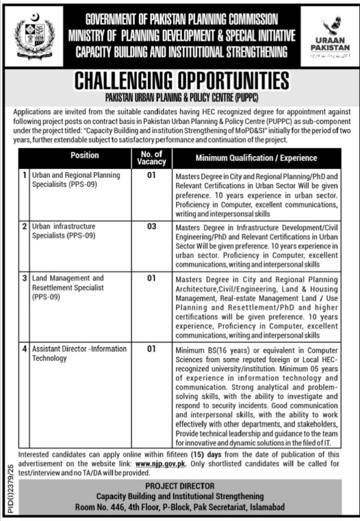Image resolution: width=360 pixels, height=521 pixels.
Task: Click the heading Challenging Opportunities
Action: click(x=182, y=81)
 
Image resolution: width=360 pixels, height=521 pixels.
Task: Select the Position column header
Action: click(x=85, y=155)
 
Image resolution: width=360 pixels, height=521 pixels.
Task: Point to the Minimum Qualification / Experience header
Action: click(x=256, y=158)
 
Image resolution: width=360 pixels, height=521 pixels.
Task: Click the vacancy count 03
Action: click(x=152, y=226)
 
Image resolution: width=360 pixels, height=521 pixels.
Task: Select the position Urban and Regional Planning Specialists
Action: click(x=76, y=179)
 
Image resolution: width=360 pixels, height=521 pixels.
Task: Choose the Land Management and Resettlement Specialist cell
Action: click(x=68, y=287)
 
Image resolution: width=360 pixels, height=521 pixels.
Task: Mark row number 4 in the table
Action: click(x=24, y=350)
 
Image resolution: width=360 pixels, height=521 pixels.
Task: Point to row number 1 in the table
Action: click(x=24, y=175)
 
